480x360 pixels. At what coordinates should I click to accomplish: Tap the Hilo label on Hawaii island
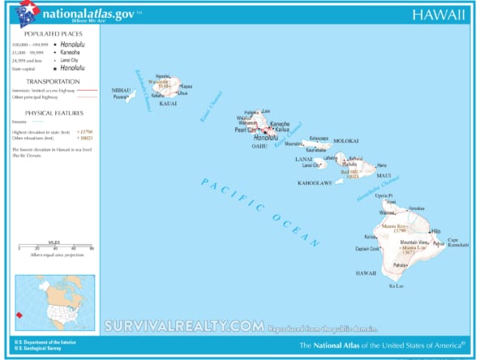pyautogui.click(x=435, y=230)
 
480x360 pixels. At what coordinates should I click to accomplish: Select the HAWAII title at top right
pyautogui.click(x=439, y=15)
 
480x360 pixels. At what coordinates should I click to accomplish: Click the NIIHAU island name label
pyautogui.click(x=121, y=90)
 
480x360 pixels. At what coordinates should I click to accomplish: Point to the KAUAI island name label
pyautogui.click(x=168, y=105)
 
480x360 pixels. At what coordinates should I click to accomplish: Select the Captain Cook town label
pyautogui.click(x=367, y=249)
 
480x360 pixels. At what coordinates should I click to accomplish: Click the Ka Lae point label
pyautogui.click(x=396, y=286)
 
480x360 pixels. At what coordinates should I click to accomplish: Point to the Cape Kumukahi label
pyautogui.click(x=458, y=242)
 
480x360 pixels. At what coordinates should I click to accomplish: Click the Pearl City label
pyautogui.click(x=246, y=130)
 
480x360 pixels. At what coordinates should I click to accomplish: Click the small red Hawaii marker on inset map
pyautogui.click(x=21, y=315)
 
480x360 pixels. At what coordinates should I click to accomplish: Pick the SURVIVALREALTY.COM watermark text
pyautogui.click(x=183, y=326)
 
